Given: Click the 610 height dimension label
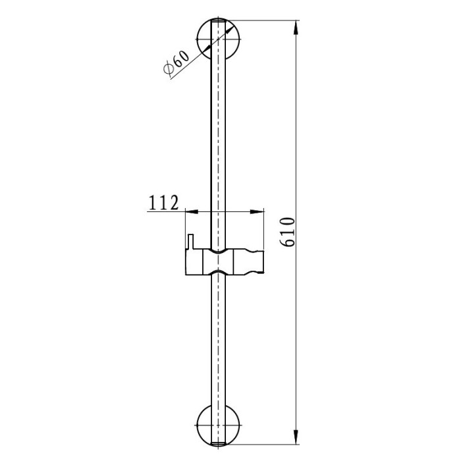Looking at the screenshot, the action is coord(287,232).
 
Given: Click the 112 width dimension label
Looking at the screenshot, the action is coord(163,203).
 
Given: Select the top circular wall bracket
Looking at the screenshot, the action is coord(218,39).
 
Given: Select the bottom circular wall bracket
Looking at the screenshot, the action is coord(218,425).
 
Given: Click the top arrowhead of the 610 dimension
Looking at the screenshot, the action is coord(296,28).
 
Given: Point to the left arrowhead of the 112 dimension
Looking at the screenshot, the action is coord(192,211).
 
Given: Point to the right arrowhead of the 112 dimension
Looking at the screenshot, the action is coord(257,211).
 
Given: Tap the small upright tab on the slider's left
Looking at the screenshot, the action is coord(190,242).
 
